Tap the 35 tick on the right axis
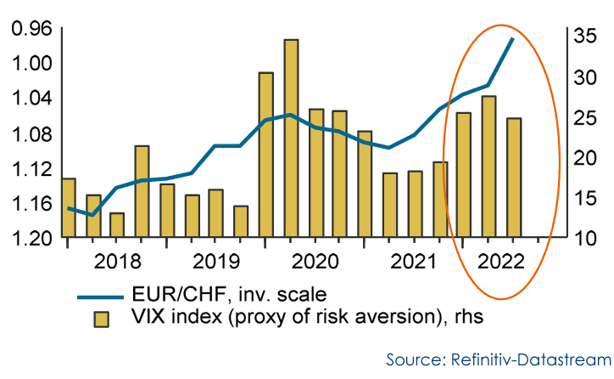[584, 37]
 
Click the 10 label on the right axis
[584, 238]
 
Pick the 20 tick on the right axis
[584, 158]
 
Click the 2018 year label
[119, 259]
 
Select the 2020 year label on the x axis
[315, 259]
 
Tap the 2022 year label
[500, 259]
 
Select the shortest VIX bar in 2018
[117, 225]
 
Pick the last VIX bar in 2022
[513, 178]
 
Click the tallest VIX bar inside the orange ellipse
[488, 167]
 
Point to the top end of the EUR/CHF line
[512, 38]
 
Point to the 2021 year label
[408, 259]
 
